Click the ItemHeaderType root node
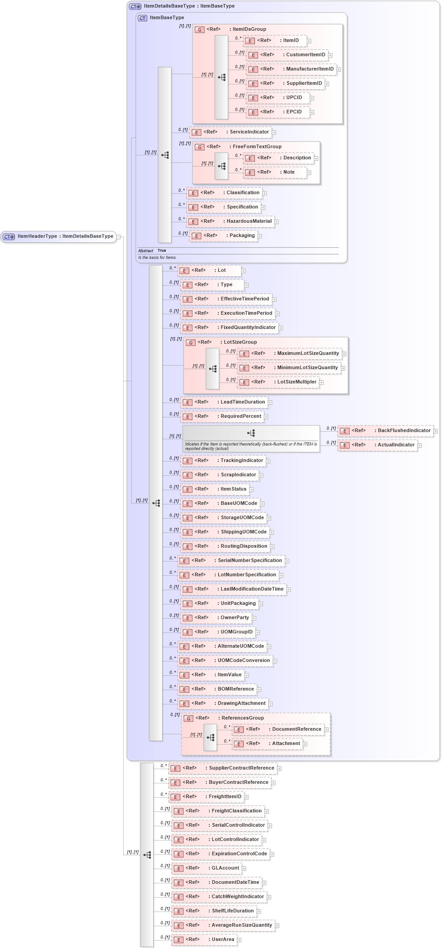pyautogui.click(x=59, y=236)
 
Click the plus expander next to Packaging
pyautogui.click(x=260, y=236)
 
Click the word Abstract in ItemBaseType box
pyautogui.click(x=146, y=251)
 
